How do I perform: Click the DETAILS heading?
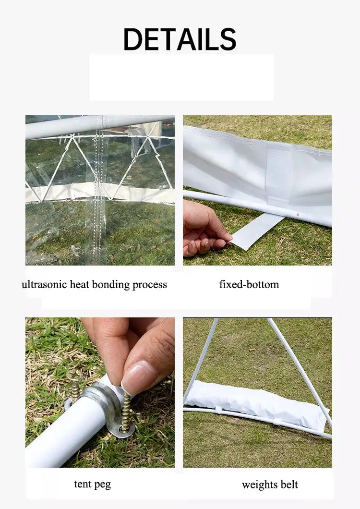180,39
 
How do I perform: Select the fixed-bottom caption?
249,284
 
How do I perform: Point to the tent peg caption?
92,484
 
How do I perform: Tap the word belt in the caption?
289,485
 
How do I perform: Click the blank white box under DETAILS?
181,77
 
